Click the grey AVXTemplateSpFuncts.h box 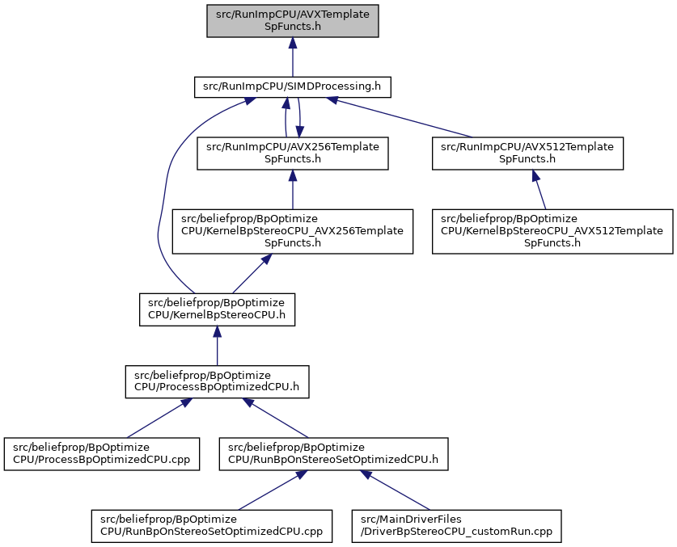pos(293,21)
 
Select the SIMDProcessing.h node pos(293,86)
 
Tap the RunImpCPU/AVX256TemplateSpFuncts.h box pos(293,154)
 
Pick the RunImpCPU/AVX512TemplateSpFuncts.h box pos(527,154)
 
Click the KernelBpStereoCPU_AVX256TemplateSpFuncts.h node pos(293,231)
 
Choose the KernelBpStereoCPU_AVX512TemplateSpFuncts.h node pos(552,231)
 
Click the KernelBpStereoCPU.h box pos(218,309)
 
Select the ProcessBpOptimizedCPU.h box pos(218,382)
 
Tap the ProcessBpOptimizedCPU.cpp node pos(102,454)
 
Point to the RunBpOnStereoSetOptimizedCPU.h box pos(334,454)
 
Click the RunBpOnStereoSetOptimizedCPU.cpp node pos(212,526)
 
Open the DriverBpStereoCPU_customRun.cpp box pos(457,526)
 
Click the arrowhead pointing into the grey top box pos(293,43)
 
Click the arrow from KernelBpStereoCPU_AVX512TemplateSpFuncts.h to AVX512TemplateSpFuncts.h pos(539,189)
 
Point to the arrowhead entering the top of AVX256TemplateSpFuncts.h pos(299,132)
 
